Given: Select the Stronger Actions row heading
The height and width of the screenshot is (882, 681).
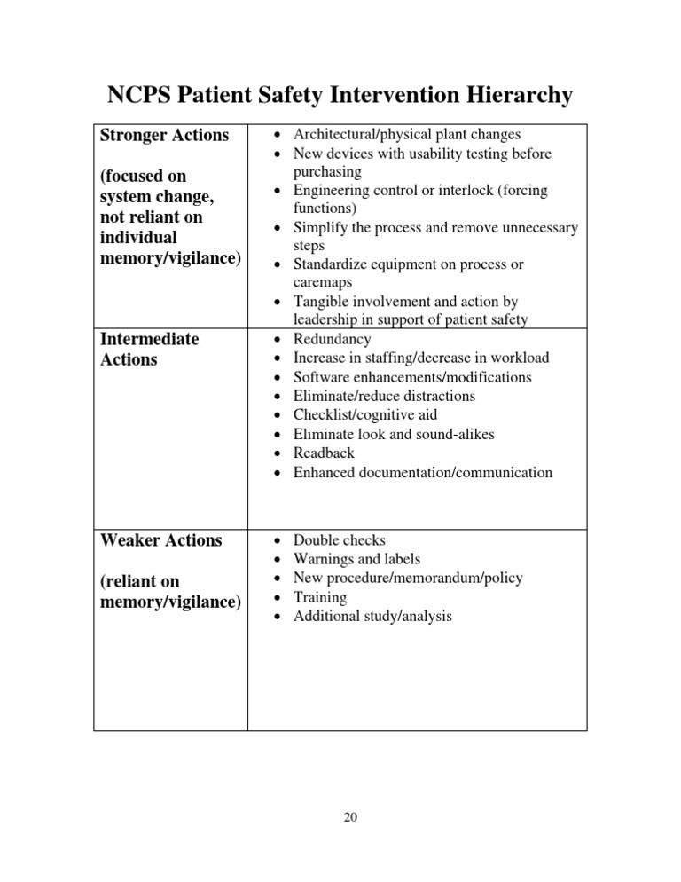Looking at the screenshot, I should click(x=164, y=136).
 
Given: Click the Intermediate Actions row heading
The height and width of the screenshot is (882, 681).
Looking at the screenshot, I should click(x=150, y=349).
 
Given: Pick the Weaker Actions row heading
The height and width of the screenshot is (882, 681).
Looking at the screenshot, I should click(x=160, y=540).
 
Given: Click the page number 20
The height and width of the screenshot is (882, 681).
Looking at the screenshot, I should click(x=349, y=818).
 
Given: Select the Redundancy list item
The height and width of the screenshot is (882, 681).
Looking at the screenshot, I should click(x=333, y=339).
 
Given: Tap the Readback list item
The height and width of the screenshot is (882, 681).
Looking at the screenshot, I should click(x=324, y=453).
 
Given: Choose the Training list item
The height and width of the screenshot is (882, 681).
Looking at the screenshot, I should click(x=320, y=597).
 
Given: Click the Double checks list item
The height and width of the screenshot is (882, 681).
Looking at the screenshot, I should click(x=340, y=539).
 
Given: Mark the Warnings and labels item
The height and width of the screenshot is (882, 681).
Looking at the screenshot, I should click(x=356, y=559).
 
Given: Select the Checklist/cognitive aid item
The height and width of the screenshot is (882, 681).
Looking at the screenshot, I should click(x=365, y=415).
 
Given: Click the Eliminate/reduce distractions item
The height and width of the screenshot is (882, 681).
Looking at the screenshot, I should click(x=384, y=396).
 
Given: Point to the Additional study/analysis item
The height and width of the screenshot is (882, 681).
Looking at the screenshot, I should click(x=372, y=616).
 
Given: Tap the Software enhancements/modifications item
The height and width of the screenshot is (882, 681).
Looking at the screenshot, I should click(x=412, y=377).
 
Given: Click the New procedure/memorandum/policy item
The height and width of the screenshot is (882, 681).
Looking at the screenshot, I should click(x=408, y=578).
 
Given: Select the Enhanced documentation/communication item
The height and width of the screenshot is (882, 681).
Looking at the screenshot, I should click(x=423, y=472).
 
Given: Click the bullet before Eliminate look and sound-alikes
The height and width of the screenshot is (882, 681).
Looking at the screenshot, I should click(x=278, y=435).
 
